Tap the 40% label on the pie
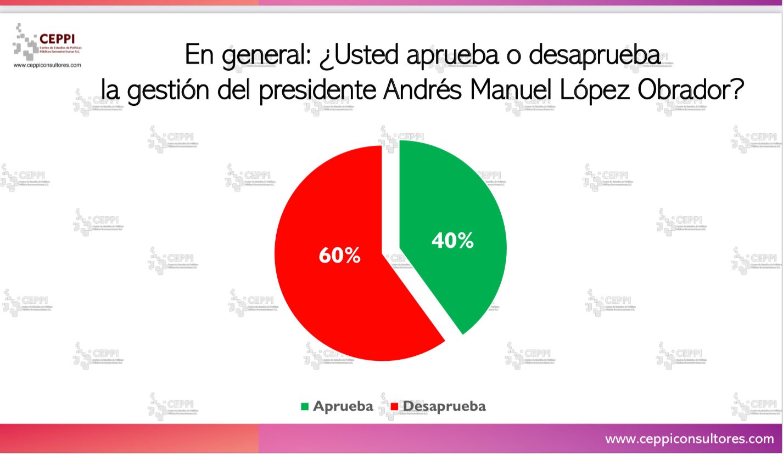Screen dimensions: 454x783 click(452, 241)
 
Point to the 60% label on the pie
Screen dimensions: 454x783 click(339, 255)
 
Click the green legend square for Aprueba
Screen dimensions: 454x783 click(305, 406)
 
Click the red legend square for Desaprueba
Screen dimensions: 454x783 click(394, 406)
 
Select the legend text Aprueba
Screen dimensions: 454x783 click(343, 406)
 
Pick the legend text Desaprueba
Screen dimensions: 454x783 click(444, 406)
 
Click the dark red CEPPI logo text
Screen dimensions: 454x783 click(57, 39)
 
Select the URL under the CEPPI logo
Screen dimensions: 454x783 click(47, 65)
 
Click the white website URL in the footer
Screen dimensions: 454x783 click(689, 439)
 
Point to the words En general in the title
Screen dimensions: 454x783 click(247, 56)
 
